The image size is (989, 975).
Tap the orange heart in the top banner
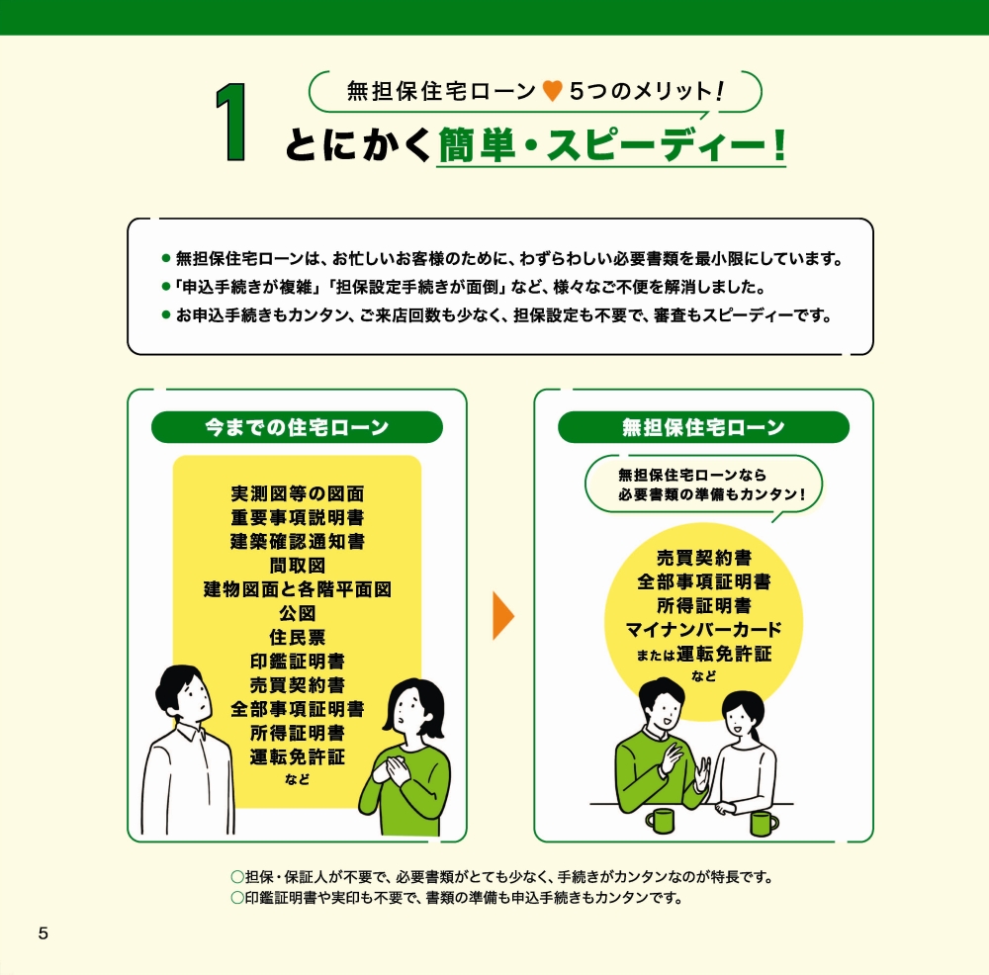coord(553,92)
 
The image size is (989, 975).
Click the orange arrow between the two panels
coord(503,615)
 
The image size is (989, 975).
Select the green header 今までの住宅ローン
coord(297,427)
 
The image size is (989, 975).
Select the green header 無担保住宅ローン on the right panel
coord(703,427)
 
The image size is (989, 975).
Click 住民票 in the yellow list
coord(297,637)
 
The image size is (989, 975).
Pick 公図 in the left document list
coord(297,613)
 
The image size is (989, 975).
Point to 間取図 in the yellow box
coord(297,566)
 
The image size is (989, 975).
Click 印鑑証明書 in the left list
coord(297,661)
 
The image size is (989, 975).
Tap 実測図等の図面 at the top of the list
coord(297,493)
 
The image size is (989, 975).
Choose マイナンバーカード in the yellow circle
coord(703,630)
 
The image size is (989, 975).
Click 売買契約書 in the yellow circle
coord(703,559)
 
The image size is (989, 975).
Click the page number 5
coord(43,933)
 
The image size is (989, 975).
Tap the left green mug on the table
coord(660,820)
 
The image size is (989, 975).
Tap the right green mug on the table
coord(763,823)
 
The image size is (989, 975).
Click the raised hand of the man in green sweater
coord(674,757)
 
